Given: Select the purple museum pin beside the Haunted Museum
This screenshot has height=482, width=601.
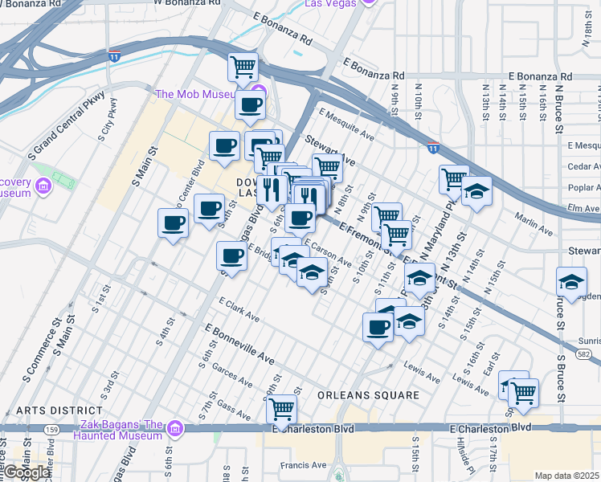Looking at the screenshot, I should click(x=176, y=431).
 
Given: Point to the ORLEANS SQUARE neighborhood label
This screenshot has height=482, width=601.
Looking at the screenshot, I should click(x=368, y=395).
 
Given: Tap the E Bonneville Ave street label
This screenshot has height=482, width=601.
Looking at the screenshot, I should click(x=239, y=343).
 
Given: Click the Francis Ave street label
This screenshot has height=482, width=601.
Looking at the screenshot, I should click(x=303, y=464).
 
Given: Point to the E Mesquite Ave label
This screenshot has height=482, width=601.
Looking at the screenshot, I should click(x=346, y=125).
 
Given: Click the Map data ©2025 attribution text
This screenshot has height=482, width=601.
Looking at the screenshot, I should click(x=567, y=476).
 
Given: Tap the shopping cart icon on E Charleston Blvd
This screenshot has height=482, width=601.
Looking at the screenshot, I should click(x=281, y=408).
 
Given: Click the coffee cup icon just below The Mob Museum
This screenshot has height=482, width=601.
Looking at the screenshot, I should click(x=250, y=104).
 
